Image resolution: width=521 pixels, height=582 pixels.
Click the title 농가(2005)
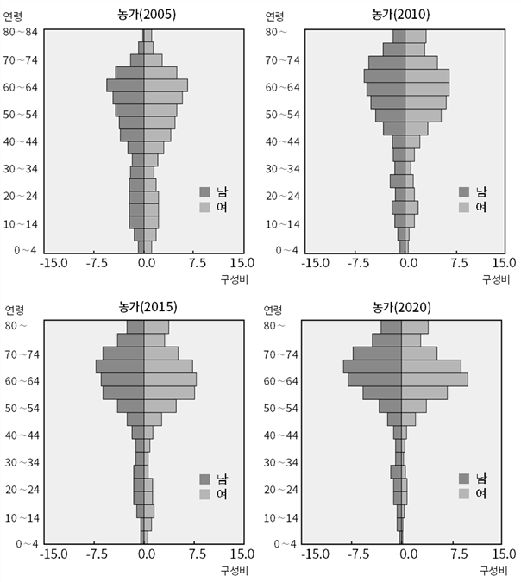147,14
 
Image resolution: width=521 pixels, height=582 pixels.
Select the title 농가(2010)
401,14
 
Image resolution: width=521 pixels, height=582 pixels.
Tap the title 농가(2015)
148,307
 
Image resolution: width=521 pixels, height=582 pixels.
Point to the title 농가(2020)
402,307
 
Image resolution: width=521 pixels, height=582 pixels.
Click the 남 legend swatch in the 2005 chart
204,192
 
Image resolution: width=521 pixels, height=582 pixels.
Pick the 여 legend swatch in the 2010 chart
464,207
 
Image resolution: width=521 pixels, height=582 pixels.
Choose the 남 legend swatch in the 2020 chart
464,479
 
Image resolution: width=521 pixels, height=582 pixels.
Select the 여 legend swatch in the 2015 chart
204,494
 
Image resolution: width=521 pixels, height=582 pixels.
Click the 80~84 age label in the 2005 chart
21,32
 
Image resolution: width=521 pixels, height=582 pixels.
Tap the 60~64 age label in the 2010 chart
282,88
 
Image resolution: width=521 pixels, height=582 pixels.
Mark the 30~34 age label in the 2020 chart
280,462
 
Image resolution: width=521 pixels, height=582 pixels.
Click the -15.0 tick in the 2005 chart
54,263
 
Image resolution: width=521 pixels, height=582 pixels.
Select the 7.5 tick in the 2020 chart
459,554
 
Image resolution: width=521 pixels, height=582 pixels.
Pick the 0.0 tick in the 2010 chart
409,263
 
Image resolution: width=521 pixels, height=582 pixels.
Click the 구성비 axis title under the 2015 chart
234,571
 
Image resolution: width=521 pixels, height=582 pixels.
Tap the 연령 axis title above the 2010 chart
274,16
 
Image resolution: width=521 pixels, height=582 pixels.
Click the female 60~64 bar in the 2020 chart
435,379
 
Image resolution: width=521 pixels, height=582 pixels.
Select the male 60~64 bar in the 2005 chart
125,85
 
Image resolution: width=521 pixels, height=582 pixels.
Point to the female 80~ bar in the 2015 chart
156,327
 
